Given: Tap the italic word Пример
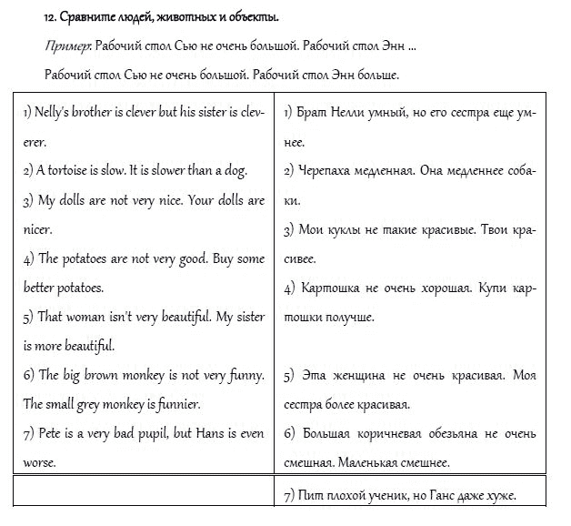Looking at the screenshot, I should (64, 46).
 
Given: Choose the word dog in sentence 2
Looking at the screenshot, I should (235, 170).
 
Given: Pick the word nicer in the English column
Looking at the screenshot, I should (36, 229).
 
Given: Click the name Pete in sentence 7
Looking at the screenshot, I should (49, 433).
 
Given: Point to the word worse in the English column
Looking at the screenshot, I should (39, 462).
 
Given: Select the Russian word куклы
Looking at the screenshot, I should (347, 229).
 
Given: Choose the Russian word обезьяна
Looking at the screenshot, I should (463, 433).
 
